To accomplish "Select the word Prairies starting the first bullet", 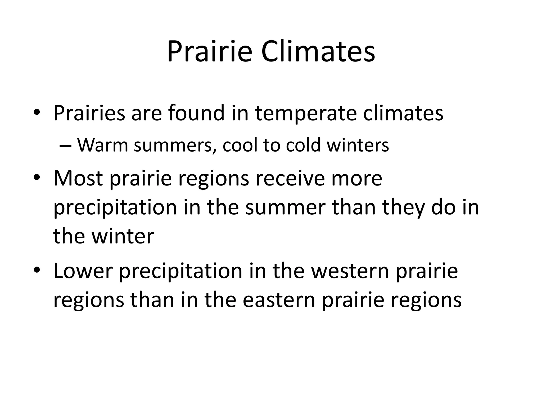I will (x=89, y=113).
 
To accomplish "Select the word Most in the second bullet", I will (x=78, y=178).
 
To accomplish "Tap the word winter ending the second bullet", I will (x=123, y=236).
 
